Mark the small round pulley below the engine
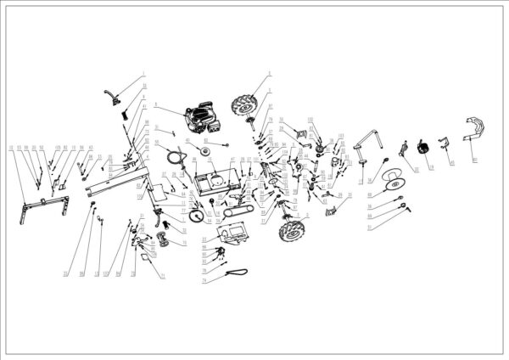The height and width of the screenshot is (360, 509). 204,150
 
